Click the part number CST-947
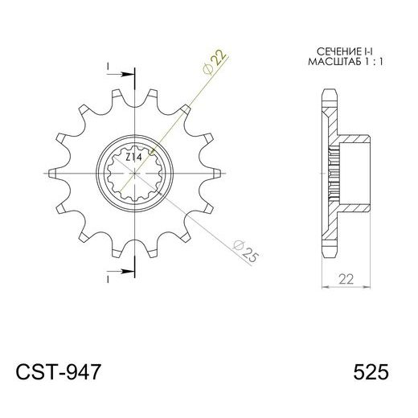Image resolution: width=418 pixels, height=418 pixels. pyautogui.click(x=59, y=373)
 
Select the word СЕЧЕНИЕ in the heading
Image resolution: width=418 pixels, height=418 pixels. pyautogui.click(x=326, y=51)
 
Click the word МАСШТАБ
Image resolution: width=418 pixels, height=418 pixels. pyautogui.click(x=326, y=62)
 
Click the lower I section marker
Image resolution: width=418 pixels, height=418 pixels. pyautogui.click(x=107, y=280)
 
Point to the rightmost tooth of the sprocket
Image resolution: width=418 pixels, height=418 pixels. pyautogui.click(x=218, y=173)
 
